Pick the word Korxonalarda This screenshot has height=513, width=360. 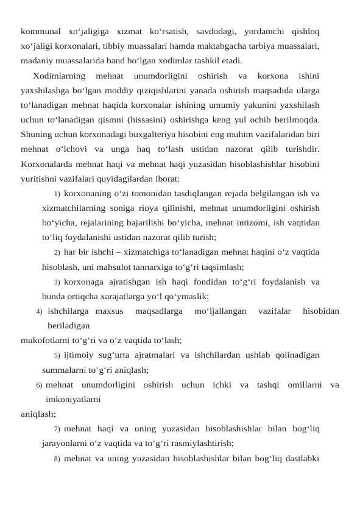point(49,163)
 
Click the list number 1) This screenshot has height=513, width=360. point(56,195)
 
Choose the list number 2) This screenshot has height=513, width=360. point(56,252)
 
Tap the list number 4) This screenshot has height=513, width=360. point(40,312)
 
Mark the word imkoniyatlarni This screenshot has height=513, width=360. point(73,400)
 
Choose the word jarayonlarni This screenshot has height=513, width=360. point(67,444)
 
